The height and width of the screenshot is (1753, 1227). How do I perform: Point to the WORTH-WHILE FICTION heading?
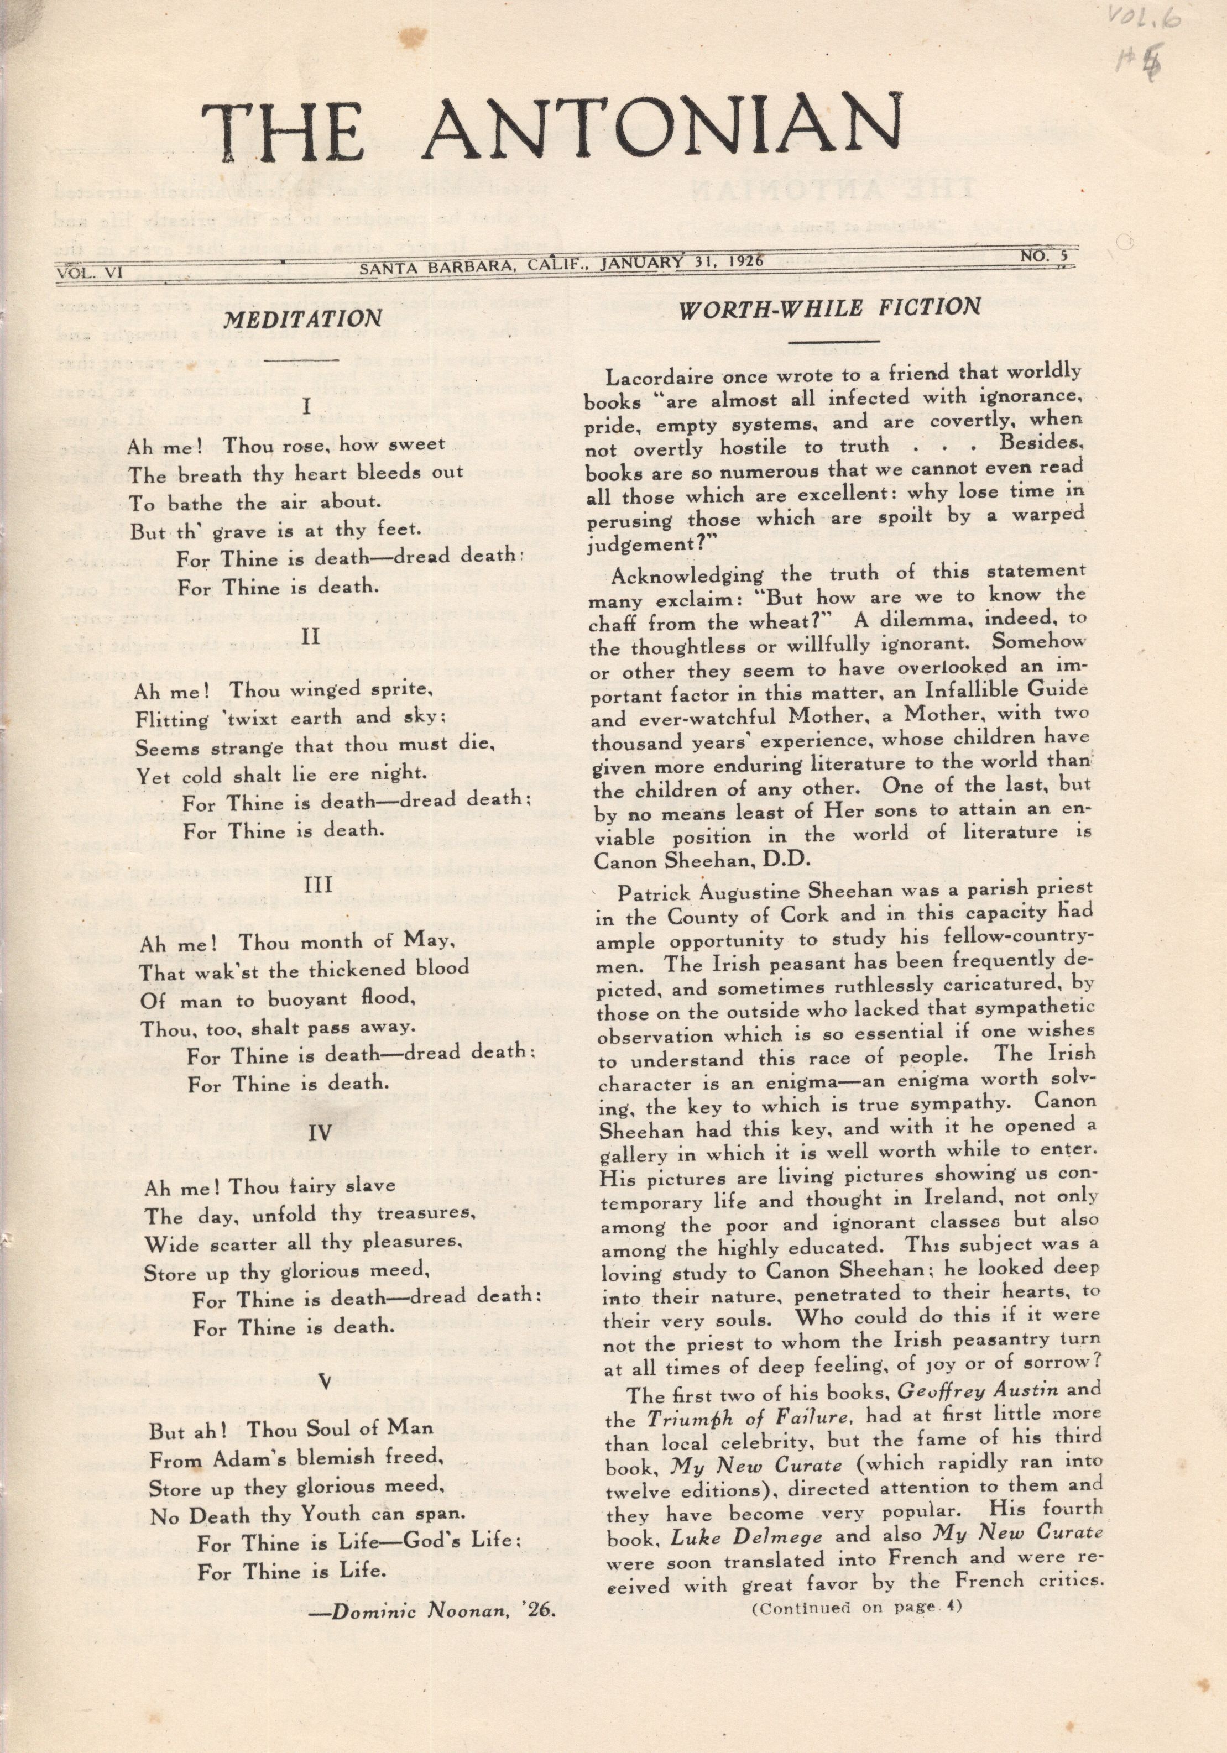(830, 308)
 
